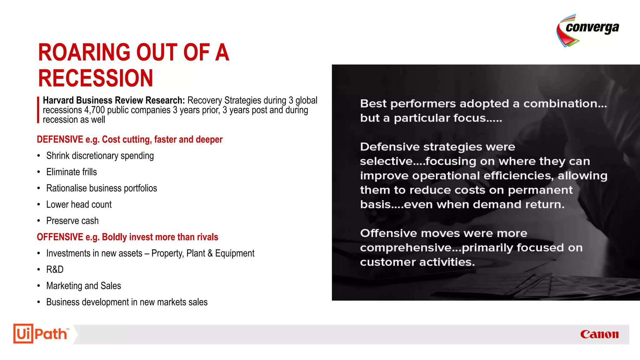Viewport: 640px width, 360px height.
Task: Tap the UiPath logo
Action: pyautogui.click(x=41, y=334)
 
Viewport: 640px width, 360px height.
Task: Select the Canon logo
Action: pyautogui.click(x=599, y=334)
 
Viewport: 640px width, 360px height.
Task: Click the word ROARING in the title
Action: pyautogui.click(x=84, y=52)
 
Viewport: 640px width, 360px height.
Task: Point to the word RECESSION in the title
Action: pyautogui.click(x=96, y=78)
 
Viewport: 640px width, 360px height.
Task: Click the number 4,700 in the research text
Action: pyautogui.click(x=94, y=110)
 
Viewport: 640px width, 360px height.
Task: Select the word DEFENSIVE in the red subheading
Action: pyautogui.click(x=60, y=139)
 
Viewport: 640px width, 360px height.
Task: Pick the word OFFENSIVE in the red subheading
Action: pyautogui.click(x=60, y=237)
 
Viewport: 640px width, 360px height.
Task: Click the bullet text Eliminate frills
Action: pyautogui.click(x=72, y=172)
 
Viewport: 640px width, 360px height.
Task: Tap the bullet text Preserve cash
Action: pyautogui.click(x=72, y=221)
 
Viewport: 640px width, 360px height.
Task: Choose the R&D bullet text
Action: pyautogui.click(x=55, y=269)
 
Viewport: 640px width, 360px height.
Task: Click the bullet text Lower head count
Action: pyautogui.click(x=79, y=204)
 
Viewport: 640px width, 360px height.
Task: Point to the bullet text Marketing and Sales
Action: pyautogui.click(x=83, y=286)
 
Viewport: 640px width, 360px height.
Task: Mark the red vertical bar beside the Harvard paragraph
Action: pyautogui.click(x=38, y=110)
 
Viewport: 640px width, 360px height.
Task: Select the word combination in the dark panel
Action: pyautogui.click(x=565, y=103)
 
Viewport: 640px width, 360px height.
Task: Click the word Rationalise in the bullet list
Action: pyautogui.click(x=67, y=188)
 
